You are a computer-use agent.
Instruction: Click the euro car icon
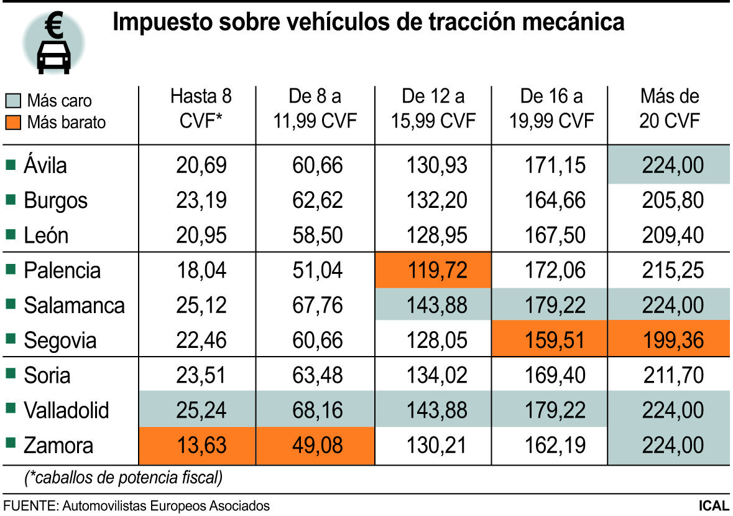53,44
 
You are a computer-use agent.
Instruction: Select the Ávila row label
45,166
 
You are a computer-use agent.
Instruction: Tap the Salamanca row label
74,306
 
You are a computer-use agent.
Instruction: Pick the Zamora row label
58,446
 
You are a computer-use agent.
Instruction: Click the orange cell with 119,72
433,271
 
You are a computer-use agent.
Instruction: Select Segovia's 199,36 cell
669,340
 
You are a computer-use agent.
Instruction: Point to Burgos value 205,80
669,200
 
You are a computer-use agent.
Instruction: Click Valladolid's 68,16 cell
316,411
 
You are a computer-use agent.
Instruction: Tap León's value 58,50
316,236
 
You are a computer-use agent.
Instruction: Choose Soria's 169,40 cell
550,375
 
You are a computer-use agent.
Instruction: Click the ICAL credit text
713,505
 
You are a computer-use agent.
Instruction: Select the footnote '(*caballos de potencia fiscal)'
123,478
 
